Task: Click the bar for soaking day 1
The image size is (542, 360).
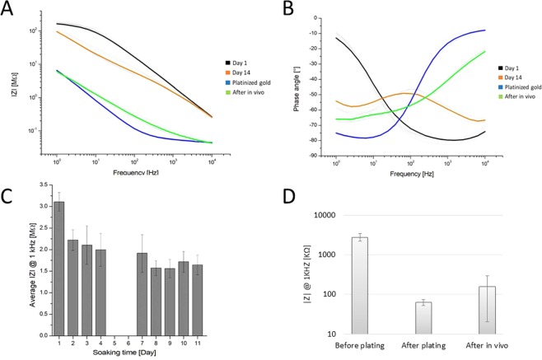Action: pyautogui.click(x=59, y=259)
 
